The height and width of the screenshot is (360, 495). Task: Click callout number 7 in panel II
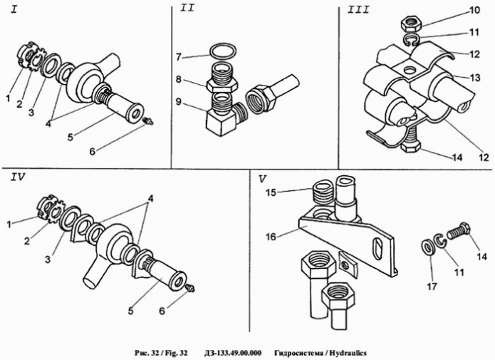181,56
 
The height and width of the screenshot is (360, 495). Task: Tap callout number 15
271,192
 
